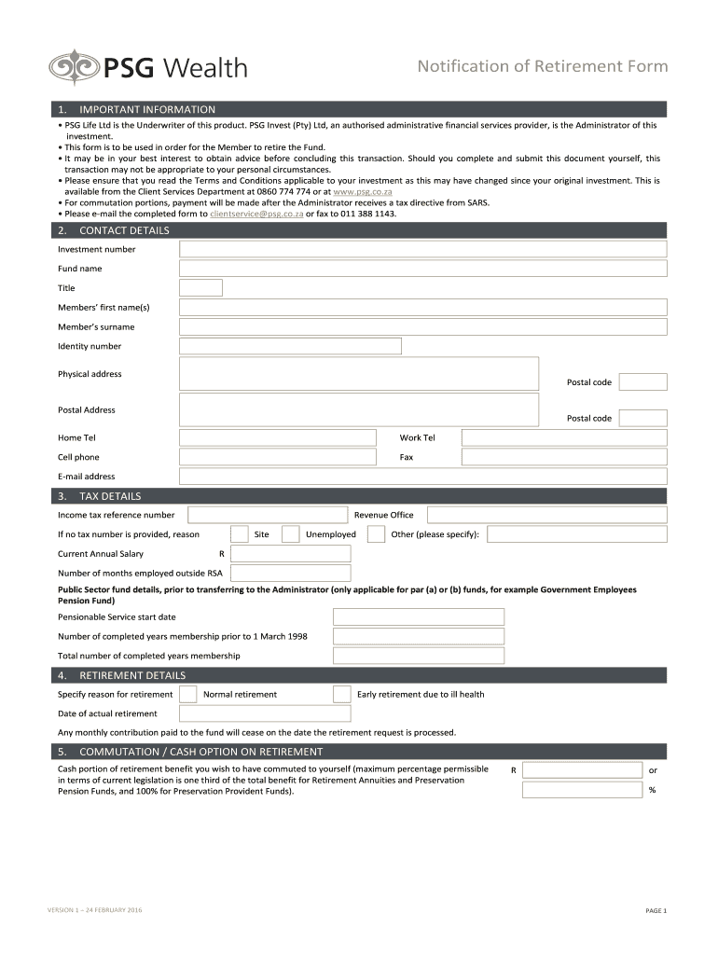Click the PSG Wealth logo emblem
point(73,68)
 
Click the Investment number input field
point(422,249)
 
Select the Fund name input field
point(422,269)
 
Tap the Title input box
point(200,288)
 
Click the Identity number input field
point(290,346)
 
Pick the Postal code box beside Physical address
point(642,382)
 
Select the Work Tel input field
point(563,437)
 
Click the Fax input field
point(563,457)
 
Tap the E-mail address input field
point(422,477)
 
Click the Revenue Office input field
point(546,515)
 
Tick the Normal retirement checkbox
point(188,694)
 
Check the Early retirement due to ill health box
point(342,694)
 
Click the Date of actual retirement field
point(265,713)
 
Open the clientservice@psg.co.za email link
point(256,214)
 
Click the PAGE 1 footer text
point(656,910)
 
